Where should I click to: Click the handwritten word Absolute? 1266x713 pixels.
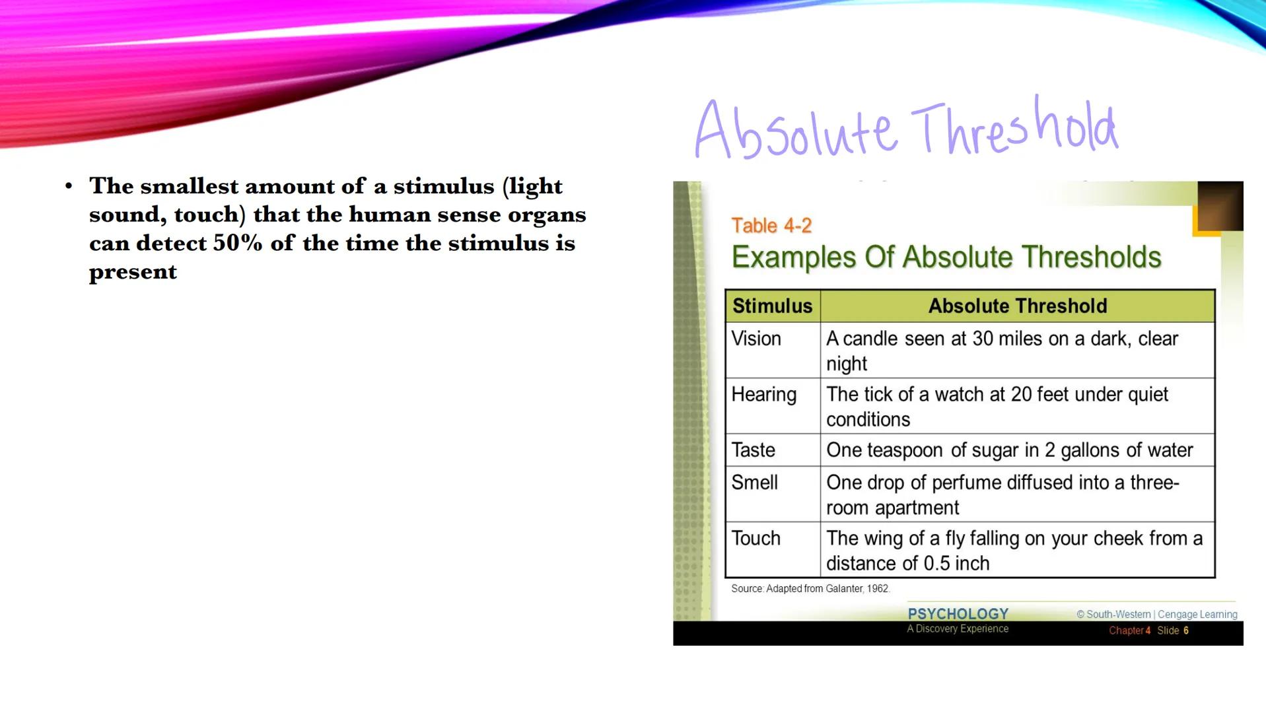click(x=796, y=130)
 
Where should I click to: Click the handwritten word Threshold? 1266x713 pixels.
click(x=1014, y=125)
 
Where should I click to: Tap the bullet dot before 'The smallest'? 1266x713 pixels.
click(x=69, y=186)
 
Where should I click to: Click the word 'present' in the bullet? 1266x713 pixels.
click(x=133, y=272)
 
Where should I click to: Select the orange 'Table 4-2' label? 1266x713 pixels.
click(x=771, y=226)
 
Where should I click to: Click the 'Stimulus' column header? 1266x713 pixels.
click(x=772, y=306)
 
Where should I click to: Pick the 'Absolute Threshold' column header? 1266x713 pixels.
click(x=1018, y=306)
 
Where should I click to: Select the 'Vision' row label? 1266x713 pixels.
click(x=756, y=339)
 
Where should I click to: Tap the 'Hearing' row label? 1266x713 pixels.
click(x=764, y=395)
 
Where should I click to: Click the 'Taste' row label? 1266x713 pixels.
click(x=754, y=450)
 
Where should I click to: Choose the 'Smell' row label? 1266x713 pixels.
click(x=754, y=483)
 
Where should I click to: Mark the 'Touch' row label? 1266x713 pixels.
click(x=756, y=539)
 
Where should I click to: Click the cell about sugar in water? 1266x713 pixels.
click(x=1010, y=450)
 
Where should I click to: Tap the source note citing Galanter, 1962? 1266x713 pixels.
click(x=810, y=589)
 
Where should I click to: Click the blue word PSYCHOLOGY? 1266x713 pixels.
click(x=958, y=614)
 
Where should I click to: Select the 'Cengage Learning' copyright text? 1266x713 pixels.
click(x=1197, y=615)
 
